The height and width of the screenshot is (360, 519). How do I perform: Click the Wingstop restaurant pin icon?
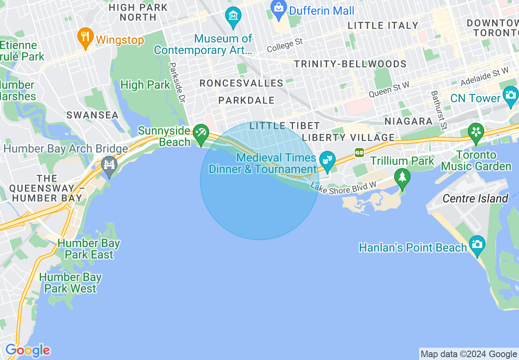pos(85,36)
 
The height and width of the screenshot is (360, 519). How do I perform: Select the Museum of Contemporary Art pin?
pos(233,16)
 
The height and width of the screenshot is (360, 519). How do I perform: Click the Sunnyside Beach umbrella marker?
pos(201,133)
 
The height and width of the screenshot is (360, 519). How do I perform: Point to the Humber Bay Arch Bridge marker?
pos(109,165)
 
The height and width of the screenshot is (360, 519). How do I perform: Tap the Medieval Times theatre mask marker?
pos(327,160)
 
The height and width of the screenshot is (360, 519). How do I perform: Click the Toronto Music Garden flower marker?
pos(476,132)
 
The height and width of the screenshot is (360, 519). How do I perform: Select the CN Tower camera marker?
pos(510,95)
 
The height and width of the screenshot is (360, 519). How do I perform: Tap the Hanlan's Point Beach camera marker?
pos(477,244)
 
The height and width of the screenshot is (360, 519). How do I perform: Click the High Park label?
pos(145,85)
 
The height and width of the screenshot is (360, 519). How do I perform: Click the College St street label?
pos(285,45)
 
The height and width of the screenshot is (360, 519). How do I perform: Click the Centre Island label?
pos(475,199)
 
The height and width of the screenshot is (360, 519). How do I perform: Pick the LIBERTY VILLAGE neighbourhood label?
pos(348,137)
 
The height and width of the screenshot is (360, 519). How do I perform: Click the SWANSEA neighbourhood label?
pos(93,115)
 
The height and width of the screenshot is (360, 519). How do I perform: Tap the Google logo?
pos(27,351)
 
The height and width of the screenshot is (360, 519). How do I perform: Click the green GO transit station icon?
pos(359,152)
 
